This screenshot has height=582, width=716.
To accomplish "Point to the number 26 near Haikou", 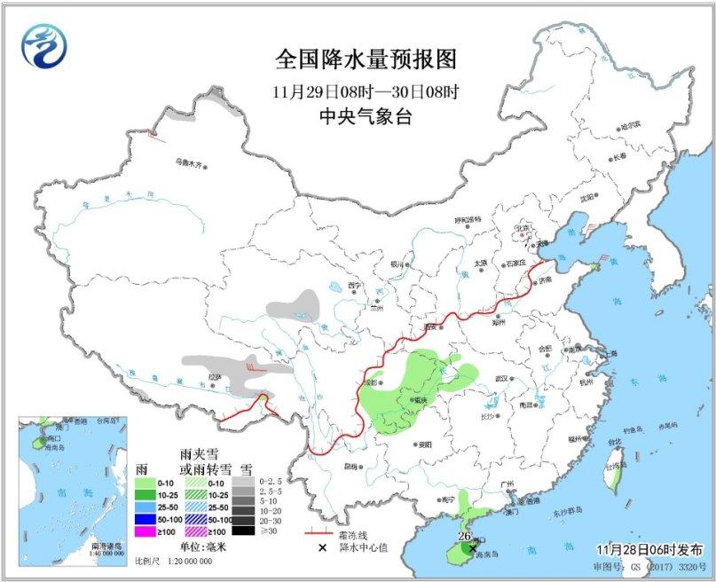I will click(462, 536).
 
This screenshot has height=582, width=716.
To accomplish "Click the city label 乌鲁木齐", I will click(188, 162).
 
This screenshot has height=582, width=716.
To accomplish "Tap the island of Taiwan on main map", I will click(611, 476).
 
